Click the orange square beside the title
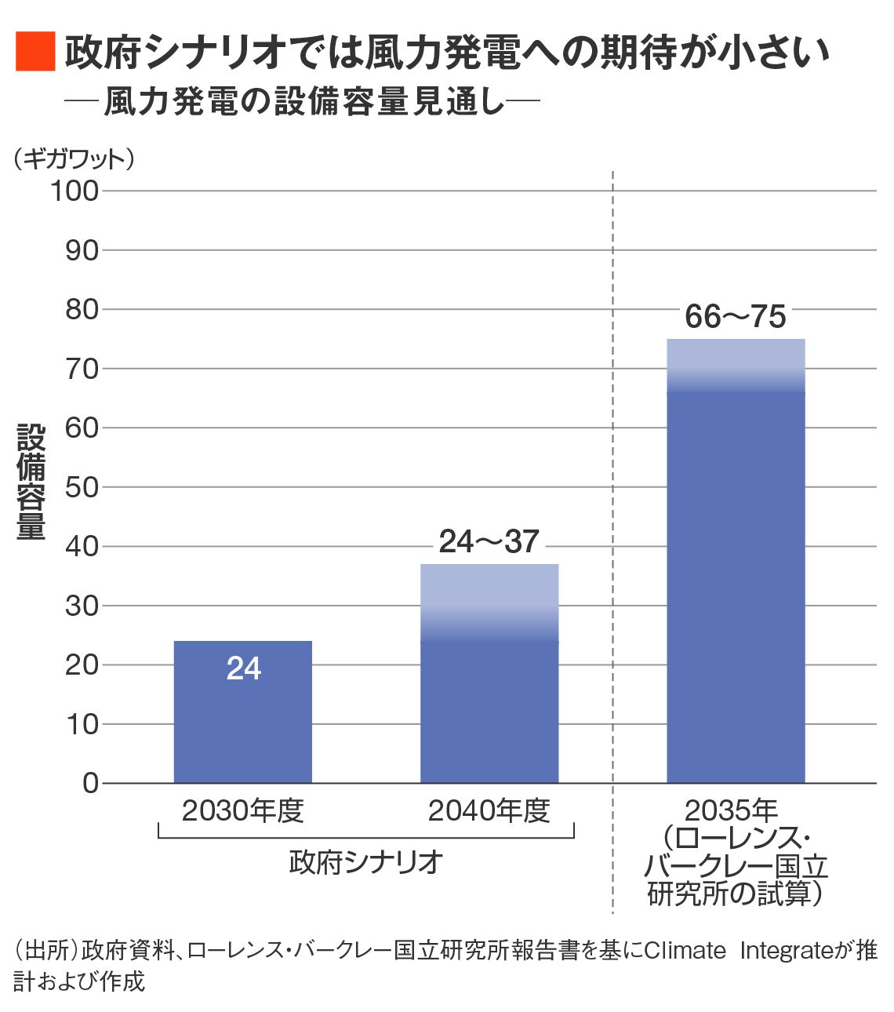click(35, 52)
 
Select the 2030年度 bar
click(242, 730)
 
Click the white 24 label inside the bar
click(243, 668)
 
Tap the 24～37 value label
click(489, 542)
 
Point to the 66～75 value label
click(735, 317)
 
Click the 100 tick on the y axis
click(74, 191)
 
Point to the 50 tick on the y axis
click(82, 487)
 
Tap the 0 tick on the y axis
click(90, 783)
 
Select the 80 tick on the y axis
click(82, 310)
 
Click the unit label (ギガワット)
click(74, 159)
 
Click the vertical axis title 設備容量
click(31, 482)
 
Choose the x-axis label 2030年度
click(242, 810)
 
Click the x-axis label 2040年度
click(489, 810)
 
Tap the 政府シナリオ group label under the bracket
click(365, 862)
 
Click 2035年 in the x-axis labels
click(731, 810)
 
